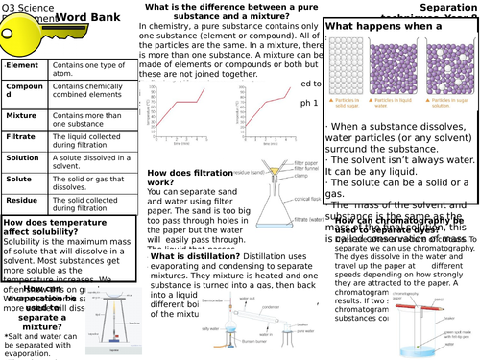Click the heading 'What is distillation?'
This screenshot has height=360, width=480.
tap(192, 257)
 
